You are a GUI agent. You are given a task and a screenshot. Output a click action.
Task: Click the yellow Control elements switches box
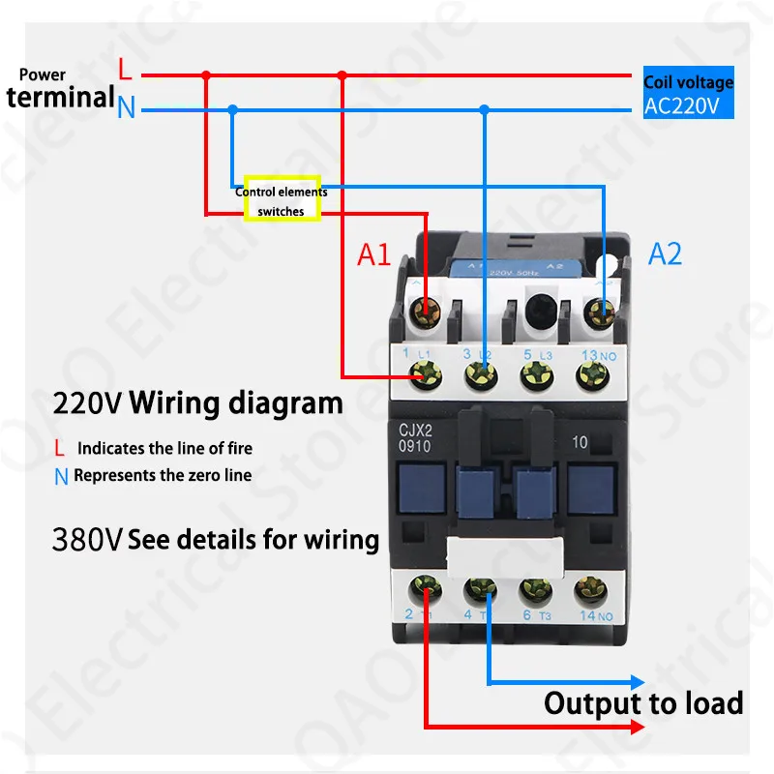coord(282,199)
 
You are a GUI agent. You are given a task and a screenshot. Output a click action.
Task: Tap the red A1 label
coord(374,254)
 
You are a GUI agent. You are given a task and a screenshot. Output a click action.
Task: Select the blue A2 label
coord(665,253)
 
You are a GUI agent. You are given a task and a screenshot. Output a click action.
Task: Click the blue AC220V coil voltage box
coord(688,95)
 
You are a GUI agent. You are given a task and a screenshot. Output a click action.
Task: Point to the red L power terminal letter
coord(124,70)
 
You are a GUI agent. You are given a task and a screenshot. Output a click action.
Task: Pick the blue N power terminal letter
coord(125,107)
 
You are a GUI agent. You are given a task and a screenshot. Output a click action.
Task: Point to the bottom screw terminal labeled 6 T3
coord(533,587)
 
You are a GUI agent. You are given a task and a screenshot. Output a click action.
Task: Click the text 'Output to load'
coord(642,703)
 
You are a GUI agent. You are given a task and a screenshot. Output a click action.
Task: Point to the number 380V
coord(87,539)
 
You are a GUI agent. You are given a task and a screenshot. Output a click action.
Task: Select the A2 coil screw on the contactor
coord(603,312)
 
